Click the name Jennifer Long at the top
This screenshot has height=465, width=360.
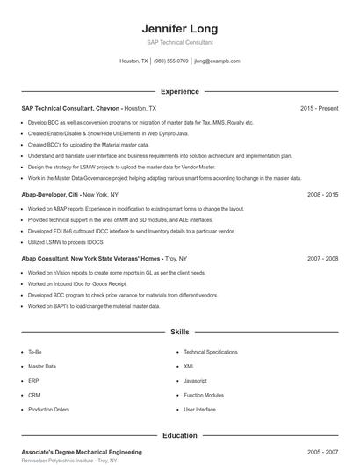179,29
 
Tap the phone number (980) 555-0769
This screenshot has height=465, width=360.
171,61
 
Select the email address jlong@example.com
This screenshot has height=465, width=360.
217,61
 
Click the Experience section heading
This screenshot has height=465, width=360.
179,91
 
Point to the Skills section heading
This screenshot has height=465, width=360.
179,333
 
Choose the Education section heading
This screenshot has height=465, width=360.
179,435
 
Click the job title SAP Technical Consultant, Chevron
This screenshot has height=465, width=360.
70,108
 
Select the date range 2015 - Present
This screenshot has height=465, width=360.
319,108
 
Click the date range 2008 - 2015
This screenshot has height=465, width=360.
322,194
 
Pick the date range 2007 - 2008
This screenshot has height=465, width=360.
322,259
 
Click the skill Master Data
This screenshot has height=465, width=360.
42,366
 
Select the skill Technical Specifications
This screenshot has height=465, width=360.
211,352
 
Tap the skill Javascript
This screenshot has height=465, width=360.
196,381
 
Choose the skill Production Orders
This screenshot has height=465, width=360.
48,410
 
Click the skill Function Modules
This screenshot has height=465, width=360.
204,395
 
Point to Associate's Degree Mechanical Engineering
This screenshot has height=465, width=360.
81,451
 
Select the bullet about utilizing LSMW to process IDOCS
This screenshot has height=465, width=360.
66,241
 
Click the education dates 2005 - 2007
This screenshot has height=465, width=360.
322,451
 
